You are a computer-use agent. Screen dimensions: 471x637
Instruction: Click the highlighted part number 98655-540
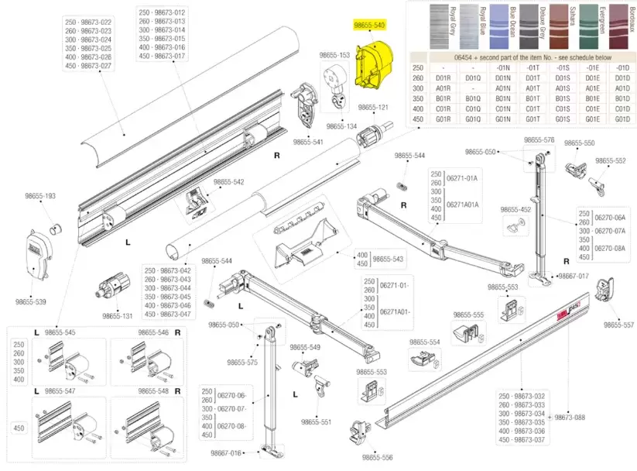coord(369,26)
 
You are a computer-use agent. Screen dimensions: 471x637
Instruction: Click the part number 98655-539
coord(32,301)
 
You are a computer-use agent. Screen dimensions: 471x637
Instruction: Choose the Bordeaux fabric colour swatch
coord(619,26)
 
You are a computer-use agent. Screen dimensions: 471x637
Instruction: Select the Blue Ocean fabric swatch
coord(504,26)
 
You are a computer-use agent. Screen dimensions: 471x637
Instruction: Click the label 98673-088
coord(571,417)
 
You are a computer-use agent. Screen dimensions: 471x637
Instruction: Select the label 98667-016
coord(226,452)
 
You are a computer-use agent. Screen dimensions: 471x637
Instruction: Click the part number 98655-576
coord(539,139)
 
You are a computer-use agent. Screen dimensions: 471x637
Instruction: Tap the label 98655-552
coord(610,160)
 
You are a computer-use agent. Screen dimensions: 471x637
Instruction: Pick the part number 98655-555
coord(467,315)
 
